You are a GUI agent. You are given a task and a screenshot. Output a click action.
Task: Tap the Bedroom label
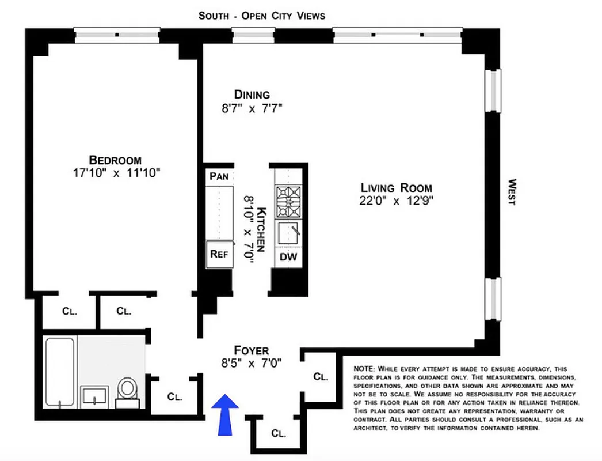[115, 160]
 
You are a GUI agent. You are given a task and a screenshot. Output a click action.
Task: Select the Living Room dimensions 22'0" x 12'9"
[396, 201]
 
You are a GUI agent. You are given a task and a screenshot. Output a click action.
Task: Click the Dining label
[252, 95]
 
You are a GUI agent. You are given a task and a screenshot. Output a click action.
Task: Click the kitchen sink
[288, 233]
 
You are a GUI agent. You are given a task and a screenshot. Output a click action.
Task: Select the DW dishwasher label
[288, 258]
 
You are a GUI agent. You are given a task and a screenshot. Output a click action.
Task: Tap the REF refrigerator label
[219, 254]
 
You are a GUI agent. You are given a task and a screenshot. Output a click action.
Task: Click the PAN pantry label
[219, 176]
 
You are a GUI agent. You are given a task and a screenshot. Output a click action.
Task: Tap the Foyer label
[251, 350]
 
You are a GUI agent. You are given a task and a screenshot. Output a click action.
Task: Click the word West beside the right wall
[511, 192]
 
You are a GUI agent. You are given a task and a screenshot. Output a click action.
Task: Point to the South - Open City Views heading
[261, 16]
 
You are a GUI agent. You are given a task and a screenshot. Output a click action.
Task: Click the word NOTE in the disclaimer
[364, 368]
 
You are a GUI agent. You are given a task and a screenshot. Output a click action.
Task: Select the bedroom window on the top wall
[117, 35]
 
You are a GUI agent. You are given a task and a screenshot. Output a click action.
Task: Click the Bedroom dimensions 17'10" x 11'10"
[116, 173]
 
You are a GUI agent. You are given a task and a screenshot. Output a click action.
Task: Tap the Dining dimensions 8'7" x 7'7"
[252, 108]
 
